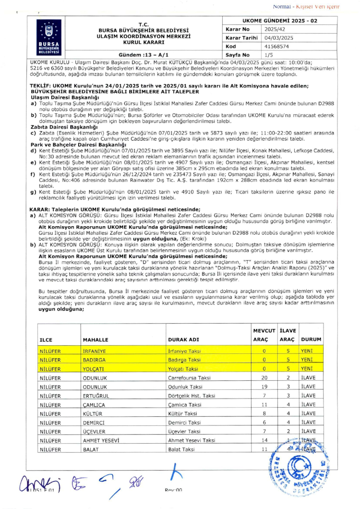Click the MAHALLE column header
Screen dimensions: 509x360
click(x=96, y=339)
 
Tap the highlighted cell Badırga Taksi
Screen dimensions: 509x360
click(x=184, y=360)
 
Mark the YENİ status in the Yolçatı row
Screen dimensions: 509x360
click(x=307, y=369)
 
